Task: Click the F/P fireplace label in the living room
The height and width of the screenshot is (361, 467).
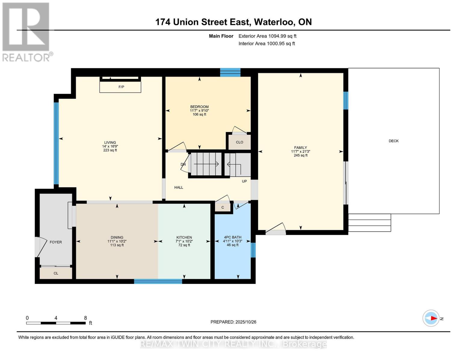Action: (x=121, y=87)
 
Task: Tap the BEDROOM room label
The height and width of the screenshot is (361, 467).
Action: (x=199, y=107)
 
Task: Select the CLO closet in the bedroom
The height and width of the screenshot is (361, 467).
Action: (x=239, y=142)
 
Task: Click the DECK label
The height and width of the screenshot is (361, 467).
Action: (x=393, y=141)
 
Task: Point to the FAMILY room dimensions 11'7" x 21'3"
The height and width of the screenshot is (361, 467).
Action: (x=300, y=152)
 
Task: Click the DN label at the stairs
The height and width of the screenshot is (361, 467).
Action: (x=183, y=164)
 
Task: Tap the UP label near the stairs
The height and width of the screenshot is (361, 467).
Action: (x=244, y=181)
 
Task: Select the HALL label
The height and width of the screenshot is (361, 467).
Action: (x=179, y=187)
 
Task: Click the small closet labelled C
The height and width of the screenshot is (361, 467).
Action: (x=223, y=207)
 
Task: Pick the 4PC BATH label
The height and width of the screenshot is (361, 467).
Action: (x=232, y=237)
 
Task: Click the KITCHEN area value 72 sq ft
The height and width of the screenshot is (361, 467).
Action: (x=184, y=245)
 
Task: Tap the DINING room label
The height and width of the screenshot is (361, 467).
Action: (x=117, y=237)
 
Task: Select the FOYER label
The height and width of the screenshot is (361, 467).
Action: (x=56, y=242)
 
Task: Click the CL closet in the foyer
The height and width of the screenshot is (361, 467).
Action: (x=56, y=273)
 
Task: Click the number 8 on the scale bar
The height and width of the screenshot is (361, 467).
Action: (x=85, y=318)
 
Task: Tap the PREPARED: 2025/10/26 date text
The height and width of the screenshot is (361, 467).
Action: (x=233, y=322)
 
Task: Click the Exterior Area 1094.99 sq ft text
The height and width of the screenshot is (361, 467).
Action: (x=267, y=36)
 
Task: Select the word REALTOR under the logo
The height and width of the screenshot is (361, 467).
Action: (x=26, y=57)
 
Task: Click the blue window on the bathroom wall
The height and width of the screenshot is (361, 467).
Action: (x=253, y=250)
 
